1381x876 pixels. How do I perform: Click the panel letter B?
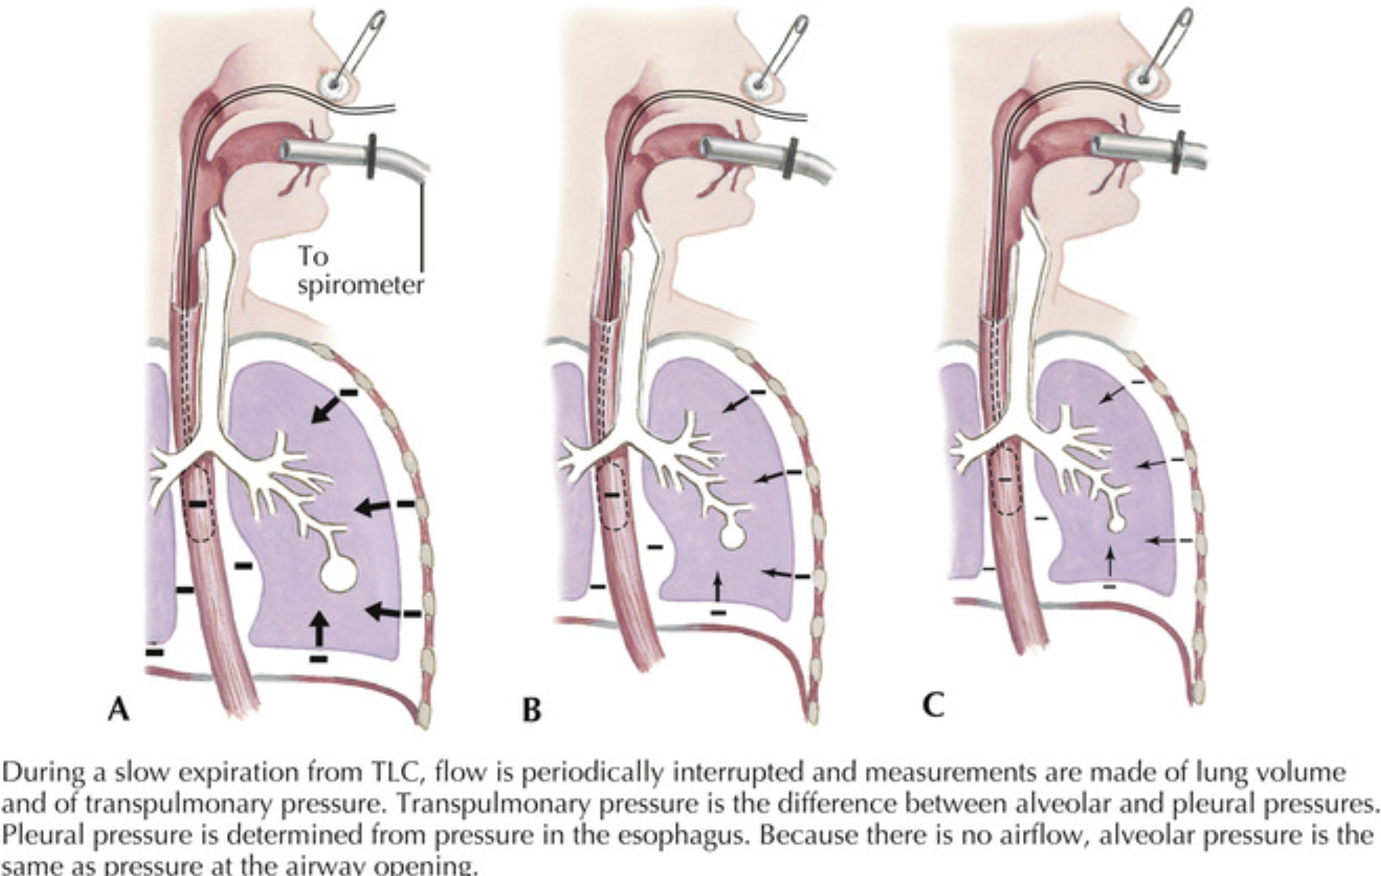point(531,710)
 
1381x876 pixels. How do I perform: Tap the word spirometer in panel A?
point(360,286)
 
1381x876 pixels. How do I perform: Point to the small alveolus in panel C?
point(1116,523)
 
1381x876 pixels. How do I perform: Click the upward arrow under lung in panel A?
point(319,627)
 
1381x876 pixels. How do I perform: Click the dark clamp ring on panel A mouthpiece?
point(371,156)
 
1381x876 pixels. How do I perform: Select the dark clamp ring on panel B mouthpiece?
point(792,157)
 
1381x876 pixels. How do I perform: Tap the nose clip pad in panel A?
point(334,83)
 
